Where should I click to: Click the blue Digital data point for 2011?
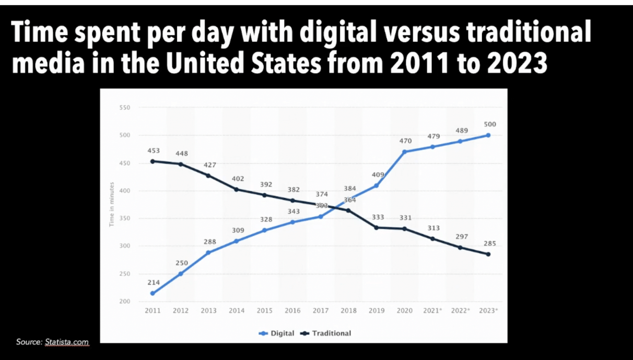[x=153, y=293]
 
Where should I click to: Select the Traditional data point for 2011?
[x=153, y=161]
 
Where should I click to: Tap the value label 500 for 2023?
[x=489, y=124]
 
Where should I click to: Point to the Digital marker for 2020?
[x=405, y=152]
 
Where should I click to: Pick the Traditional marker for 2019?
[x=377, y=227]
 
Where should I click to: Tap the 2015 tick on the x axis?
[x=265, y=311]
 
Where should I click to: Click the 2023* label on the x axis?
[x=489, y=311]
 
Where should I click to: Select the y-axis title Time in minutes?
[x=112, y=204]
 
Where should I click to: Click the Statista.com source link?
[x=67, y=342]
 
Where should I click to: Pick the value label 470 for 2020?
[x=405, y=141]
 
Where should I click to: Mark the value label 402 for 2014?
[x=237, y=179]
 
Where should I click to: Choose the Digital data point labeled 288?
[x=209, y=252]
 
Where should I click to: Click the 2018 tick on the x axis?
[x=349, y=311]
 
